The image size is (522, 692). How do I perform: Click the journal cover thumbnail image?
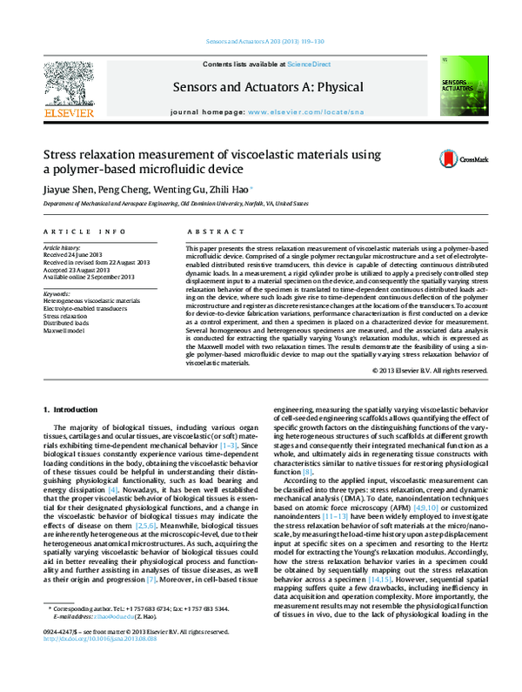coord(461,87)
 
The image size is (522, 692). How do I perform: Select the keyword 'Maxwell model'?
coord(69,328)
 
